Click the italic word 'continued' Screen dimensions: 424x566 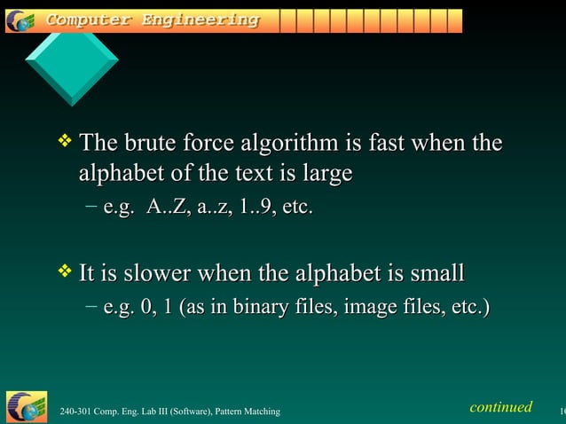click(x=501, y=407)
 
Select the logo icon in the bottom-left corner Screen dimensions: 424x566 click(x=26, y=406)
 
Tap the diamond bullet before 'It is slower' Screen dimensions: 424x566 click(x=63, y=269)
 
